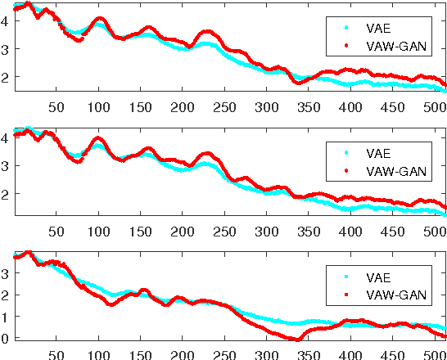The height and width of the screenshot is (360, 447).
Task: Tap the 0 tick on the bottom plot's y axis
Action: [6, 337]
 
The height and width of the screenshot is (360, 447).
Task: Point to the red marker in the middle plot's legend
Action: [345, 172]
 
